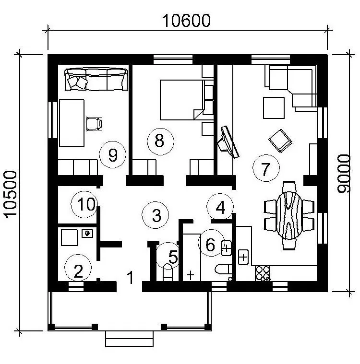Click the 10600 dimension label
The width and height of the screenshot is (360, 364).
click(x=186, y=21)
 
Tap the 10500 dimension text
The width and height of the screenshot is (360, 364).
click(x=11, y=195)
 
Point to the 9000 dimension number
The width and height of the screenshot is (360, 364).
click(x=344, y=174)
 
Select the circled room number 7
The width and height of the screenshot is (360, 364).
click(x=266, y=168)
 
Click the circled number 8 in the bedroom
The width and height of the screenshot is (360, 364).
click(x=160, y=141)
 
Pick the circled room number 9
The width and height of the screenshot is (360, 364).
click(x=112, y=154)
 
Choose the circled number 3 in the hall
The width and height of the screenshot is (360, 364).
click(x=155, y=215)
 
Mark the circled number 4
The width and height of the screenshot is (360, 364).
click(x=220, y=207)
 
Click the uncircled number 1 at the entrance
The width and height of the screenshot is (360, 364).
click(x=131, y=277)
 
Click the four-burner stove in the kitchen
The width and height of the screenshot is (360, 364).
click(x=263, y=273)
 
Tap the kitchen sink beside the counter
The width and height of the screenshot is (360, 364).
click(x=243, y=257)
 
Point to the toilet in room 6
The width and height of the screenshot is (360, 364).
click(x=223, y=270)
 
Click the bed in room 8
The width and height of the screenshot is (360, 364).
click(x=182, y=100)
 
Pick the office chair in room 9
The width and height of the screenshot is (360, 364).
click(x=94, y=124)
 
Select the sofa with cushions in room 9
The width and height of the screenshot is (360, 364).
click(x=96, y=79)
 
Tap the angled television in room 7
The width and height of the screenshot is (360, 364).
click(x=228, y=142)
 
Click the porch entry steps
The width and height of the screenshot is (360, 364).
click(x=130, y=339)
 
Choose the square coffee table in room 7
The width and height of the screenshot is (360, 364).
click(x=274, y=108)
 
